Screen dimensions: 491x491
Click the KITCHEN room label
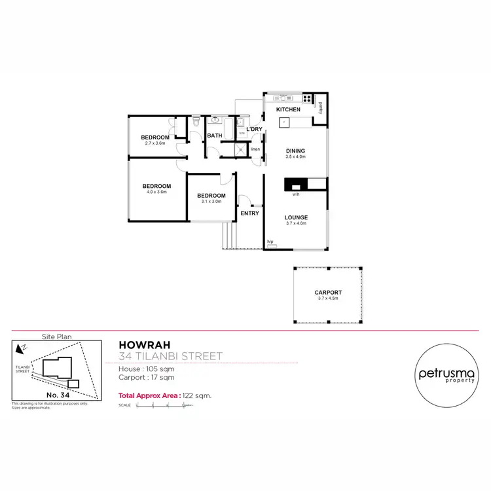tap(288, 109)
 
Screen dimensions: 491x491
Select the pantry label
tap(321, 111)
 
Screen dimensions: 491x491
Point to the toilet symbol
tap(196, 123)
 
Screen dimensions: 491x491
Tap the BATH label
tap(214, 136)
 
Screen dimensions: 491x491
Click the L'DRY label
tap(254, 129)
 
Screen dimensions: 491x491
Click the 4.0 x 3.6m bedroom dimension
tap(156, 192)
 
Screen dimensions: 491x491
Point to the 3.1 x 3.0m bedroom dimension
tap(211, 202)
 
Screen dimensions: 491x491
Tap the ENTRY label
tap(249, 213)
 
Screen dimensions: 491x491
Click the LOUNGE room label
tap(296, 217)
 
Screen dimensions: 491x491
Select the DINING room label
tap(296, 151)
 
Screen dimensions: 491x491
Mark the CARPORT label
tap(328, 293)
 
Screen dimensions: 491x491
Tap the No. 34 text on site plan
tap(56, 395)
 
